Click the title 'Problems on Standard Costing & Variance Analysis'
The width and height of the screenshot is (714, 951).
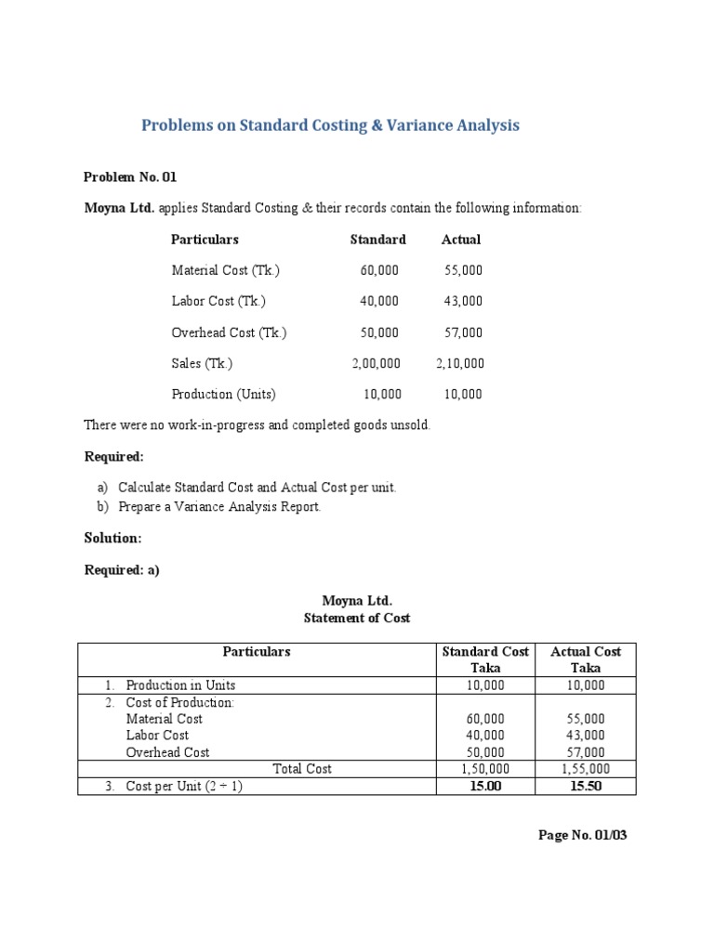330,125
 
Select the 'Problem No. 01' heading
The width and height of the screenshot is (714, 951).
129,176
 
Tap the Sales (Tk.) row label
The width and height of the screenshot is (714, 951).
202,363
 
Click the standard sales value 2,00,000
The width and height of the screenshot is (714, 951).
376,363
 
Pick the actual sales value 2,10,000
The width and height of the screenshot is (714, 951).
459,363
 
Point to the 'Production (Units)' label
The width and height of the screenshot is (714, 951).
223,394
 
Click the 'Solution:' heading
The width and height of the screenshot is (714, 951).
112,539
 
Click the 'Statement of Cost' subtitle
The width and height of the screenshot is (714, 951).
357,618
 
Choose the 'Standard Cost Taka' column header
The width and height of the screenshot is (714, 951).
484,659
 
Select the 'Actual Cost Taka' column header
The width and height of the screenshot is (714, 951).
585,659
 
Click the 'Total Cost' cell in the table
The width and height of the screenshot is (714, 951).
302,769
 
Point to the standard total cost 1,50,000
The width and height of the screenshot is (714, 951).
483,769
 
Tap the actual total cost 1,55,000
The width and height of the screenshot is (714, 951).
585,769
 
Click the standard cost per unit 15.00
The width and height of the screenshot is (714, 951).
483,787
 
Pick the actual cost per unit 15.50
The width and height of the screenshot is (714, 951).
585,787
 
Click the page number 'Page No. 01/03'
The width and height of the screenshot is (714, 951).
583,835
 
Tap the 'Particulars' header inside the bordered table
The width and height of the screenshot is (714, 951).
257,652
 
